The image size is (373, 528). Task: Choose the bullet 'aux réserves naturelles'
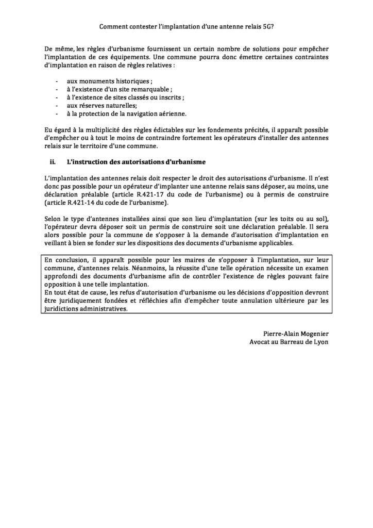point(100,105)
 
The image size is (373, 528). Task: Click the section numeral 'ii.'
point(51,161)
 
